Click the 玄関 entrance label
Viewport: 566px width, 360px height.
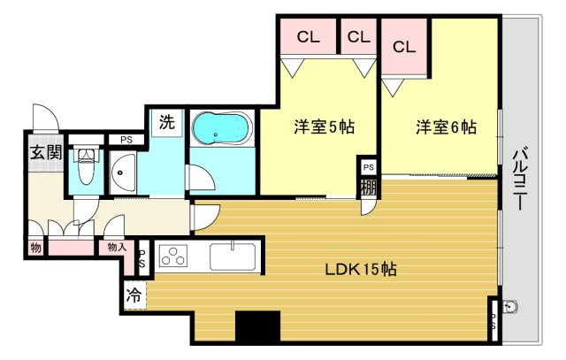(46, 151)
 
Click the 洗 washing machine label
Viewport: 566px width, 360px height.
(166, 124)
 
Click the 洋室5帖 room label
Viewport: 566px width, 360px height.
(325, 127)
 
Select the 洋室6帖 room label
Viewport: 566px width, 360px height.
(447, 127)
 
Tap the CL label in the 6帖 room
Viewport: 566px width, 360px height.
(404, 47)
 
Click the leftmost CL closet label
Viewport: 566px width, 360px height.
(308, 37)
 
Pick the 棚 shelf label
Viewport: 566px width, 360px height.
(368, 188)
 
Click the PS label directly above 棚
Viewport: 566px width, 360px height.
(368, 167)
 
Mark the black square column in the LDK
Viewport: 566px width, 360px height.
(257, 326)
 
